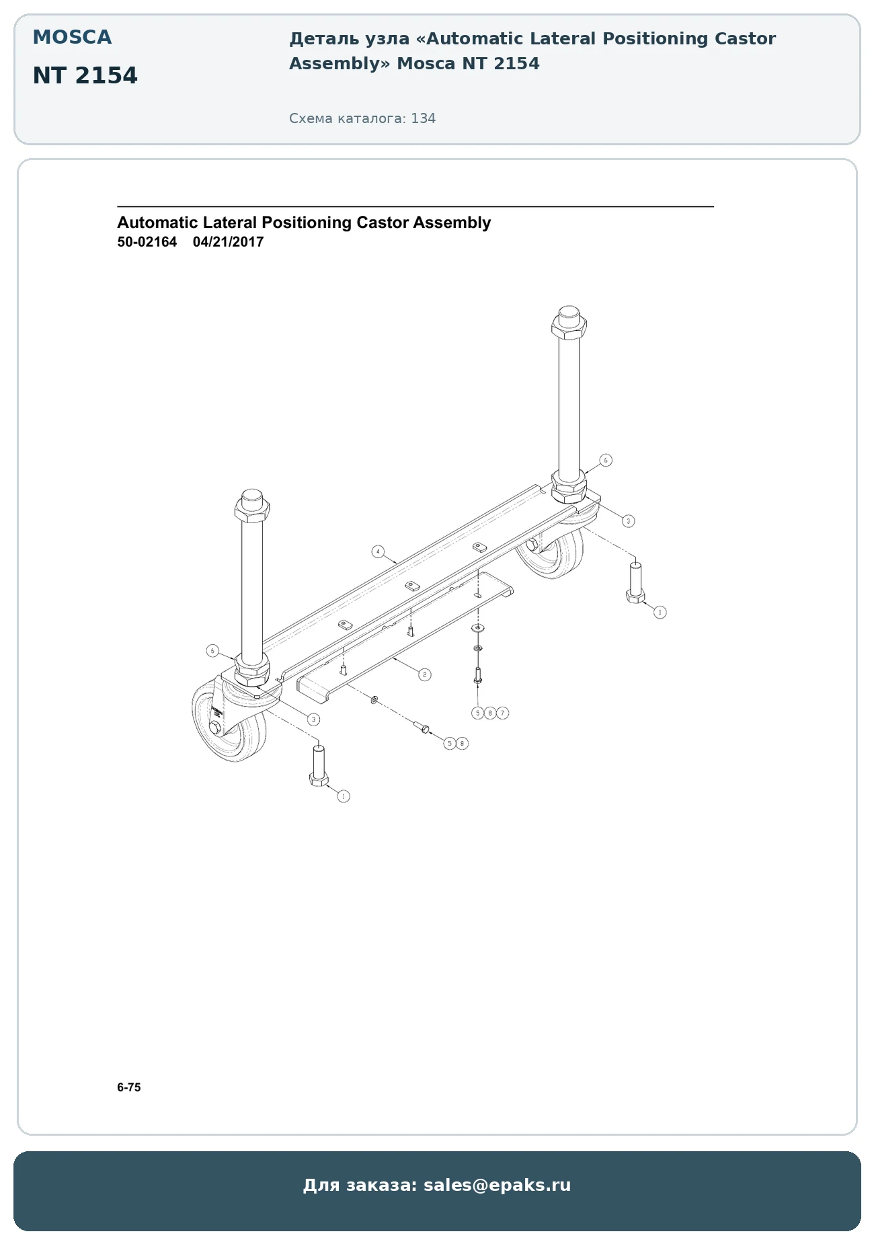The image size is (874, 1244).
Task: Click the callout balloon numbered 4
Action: [x=378, y=552]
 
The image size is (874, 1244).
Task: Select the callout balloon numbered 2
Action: [x=424, y=674]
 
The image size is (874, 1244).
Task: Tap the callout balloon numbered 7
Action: [x=503, y=713]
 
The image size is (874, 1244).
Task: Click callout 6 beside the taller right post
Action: [x=606, y=460]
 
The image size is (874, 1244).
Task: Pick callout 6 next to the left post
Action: [x=212, y=650]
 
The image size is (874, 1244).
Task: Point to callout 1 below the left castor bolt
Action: [x=344, y=796]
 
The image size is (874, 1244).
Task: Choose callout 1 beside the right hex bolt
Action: [x=660, y=612]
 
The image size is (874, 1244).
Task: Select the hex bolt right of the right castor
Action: [x=635, y=583]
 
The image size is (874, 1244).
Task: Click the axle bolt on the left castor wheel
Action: [x=214, y=729]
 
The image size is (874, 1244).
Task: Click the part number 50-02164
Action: [x=147, y=242]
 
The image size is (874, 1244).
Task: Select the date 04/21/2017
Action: [x=229, y=242]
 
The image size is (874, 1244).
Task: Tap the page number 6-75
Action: [x=129, y=1087]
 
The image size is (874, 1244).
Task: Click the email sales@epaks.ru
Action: [x=498, y=1185]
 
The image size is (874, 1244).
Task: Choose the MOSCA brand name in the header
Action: [x=72, y=37]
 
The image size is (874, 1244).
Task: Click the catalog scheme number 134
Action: [x=424, y=118]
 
